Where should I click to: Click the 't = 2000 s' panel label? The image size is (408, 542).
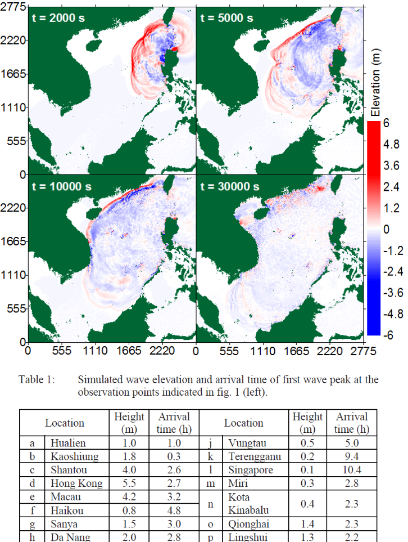click(x=58, y=18)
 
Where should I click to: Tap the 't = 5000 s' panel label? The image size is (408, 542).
click(x=227, y=18)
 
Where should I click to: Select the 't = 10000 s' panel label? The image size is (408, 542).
click(x=62, y=187)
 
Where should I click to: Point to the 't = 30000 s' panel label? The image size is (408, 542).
click(x=230, y=187)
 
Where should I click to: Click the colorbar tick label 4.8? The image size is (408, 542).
click(x=391, y=144)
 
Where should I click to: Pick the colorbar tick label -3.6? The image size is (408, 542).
click(x=393, y=293)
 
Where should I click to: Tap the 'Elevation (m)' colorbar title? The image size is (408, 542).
click(x=375, y=83)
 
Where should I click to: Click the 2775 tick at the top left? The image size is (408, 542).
click(x=13, y=7)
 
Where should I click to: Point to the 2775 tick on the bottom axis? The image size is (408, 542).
click(x=363, y=351)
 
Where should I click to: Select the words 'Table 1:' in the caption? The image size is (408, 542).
click(x=37, y=379)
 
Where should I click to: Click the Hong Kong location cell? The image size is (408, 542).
click(x=76, y=483)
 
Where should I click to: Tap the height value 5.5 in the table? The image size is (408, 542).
click(x=129, y=483)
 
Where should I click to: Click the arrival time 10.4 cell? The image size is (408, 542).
click(x=351, y=470)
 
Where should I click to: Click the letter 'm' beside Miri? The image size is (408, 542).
click(x=211, y=484)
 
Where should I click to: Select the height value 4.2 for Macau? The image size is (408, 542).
click(x=129, y=497)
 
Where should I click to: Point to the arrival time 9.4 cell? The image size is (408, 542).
click(x=351, y=456)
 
